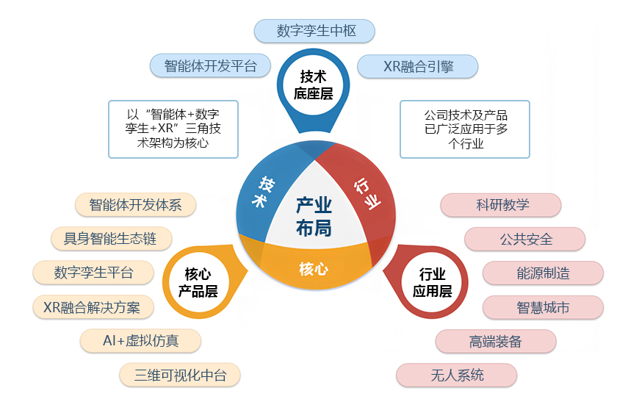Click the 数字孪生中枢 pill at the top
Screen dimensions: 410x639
click(315, 31)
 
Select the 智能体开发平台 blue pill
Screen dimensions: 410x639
click(210, 65)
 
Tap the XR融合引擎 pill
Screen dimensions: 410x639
click(418, 66)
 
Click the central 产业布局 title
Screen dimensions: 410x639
click(314, 216)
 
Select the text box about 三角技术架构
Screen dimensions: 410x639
click(173, 129)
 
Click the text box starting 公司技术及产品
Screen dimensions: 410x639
click(465, 129)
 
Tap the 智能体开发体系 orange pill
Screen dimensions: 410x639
click(135, 204)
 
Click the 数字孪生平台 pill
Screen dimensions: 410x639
click(93, 273)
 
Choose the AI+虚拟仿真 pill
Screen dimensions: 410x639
click(140, 341)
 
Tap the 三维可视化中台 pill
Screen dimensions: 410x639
click(180, 375)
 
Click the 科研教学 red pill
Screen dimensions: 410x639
click(502, 205)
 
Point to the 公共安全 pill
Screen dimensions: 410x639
click(525, 239)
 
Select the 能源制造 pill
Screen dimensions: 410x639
click(543, 273)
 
